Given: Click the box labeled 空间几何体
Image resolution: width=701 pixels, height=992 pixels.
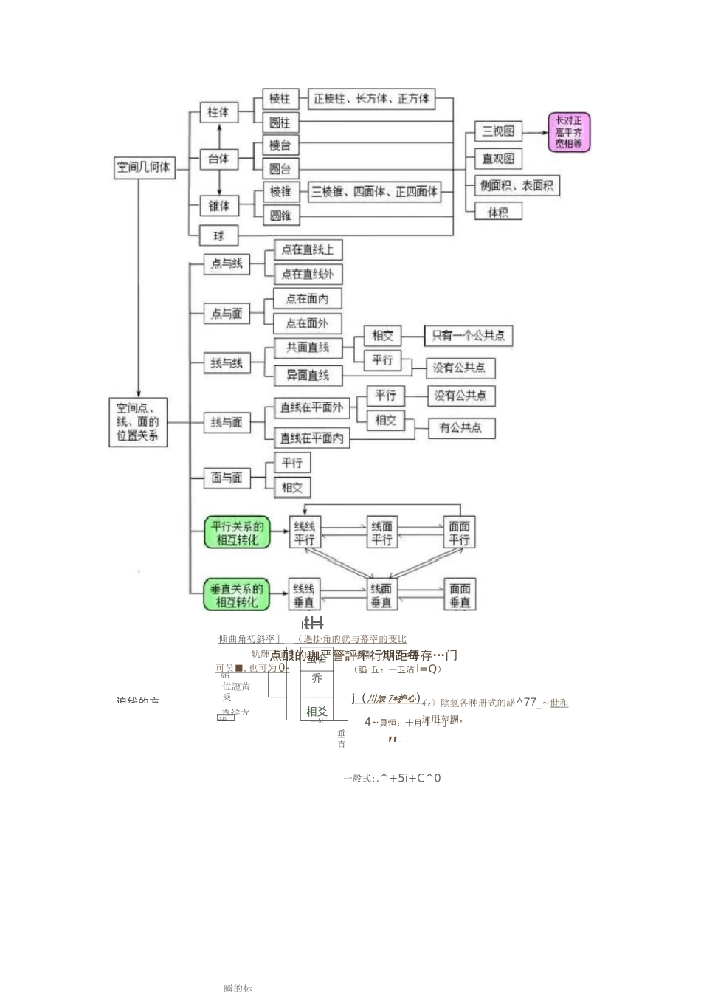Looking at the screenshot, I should [x=144, y=168].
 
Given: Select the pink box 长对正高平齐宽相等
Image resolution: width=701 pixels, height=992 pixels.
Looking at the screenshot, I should [x=569, y=132].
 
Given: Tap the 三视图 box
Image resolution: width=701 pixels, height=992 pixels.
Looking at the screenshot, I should [x=498, y=131].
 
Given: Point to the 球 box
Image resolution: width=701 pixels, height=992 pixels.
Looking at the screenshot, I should [x=219, y=236].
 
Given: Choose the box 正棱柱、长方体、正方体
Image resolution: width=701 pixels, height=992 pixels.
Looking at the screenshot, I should [x=371, y=99].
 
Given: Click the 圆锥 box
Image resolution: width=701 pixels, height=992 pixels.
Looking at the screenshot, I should [x=280, y=216].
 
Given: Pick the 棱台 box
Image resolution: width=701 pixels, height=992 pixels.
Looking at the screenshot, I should [x=280, y=145].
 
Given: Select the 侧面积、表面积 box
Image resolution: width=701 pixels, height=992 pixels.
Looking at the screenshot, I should [x=517, y=186].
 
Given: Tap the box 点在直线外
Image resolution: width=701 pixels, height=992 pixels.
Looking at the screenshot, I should [x=308, y=274].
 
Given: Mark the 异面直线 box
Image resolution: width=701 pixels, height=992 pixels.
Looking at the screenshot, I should [x=308, y=375].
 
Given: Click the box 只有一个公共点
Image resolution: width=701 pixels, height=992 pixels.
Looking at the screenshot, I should [x=468, y=336].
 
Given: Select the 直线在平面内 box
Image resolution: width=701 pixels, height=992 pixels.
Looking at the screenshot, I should [x=311, y=438].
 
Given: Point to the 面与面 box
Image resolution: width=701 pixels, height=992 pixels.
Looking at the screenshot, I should [x=227, y=478].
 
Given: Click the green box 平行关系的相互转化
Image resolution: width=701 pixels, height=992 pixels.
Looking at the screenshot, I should [x=237, y=533].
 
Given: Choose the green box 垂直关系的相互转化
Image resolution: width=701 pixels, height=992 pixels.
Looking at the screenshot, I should [x=237, y=596].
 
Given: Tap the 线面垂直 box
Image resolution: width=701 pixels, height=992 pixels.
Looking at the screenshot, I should [x=381, y=595].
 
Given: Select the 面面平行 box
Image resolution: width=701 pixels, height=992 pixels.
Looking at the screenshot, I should [x=459, y=533].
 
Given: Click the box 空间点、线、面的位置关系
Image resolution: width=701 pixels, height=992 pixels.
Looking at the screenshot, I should [x=138, y=421].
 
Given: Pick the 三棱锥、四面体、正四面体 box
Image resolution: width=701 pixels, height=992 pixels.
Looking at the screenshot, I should [x=374, y=192].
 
